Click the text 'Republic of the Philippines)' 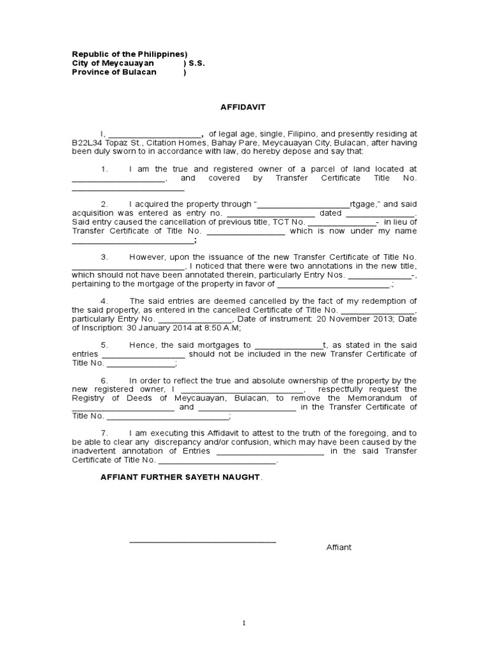click(129, 55)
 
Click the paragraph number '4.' click(106, 301)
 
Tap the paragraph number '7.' click(106, 432)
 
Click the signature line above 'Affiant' click(202, 541)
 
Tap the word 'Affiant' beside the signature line click(339, 548)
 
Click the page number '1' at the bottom click(244, 624)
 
